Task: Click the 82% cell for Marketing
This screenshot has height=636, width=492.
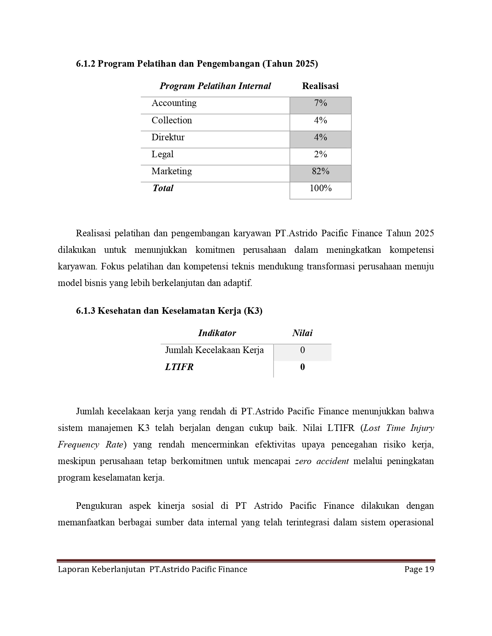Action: click(x=320, y=172)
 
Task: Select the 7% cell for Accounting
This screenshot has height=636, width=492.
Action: click(x=320, y=103)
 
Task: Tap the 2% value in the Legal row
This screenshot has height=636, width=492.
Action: click(x=320, y=155)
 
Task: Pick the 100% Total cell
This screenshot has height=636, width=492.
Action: click(x=320, y=188)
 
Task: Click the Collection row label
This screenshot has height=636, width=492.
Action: click(x=171, y=120)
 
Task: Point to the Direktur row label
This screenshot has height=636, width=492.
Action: click(x=168, y=138)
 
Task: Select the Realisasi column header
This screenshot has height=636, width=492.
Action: click(x=320, y=86)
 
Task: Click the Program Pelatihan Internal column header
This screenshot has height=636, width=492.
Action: click(x=215, y=86)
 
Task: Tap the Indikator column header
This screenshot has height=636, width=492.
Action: click(x=217, y=333)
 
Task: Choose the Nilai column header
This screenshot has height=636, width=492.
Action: click(x=302, y=333)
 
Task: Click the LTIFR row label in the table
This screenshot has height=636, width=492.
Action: click(x=179, y=367)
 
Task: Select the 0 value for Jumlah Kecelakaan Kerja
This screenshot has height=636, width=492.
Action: click(x=302, y=350)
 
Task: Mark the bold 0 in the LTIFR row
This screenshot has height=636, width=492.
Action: click(x=302, y=367)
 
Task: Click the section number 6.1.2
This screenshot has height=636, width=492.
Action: click(x=85, y=64)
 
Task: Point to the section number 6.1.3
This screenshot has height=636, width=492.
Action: click(x=85, y=311)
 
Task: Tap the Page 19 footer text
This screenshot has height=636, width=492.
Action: click(x=419, y=569)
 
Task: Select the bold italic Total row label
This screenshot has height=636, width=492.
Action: click(x=163, y=188)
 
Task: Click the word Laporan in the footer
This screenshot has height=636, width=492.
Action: click(x=73, y=569)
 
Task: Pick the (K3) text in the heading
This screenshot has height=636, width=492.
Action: click(x=253, y=311)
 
